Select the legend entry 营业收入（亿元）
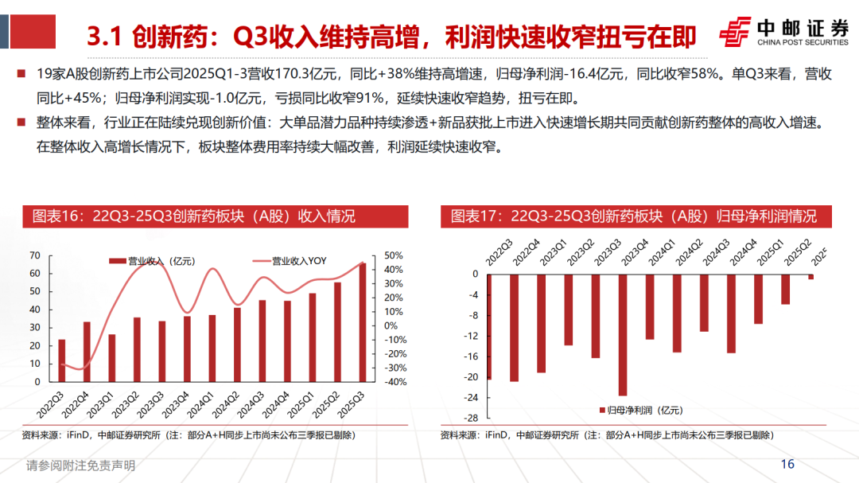[151, 260]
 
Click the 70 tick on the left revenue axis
[34, 255]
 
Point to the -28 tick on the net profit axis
[471, 419]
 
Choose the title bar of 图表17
[633, 216]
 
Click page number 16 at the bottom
[787, 465]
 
